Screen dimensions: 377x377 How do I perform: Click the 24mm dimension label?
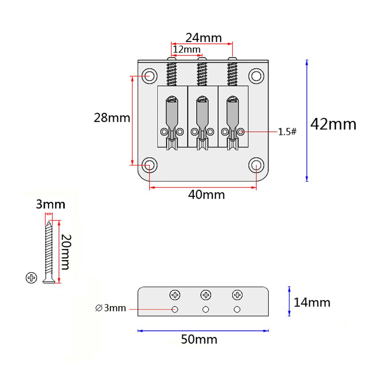[203, 38]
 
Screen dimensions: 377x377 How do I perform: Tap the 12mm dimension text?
[187, 49]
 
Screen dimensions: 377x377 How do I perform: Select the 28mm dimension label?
[112, 118]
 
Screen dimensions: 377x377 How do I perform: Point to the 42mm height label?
[333, 124]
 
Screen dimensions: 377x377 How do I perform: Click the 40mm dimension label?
[206, 194]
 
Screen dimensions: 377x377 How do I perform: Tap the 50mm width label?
[199, 339]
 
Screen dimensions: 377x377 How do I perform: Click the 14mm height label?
[312, 303]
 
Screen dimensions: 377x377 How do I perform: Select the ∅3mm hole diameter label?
[110, 308]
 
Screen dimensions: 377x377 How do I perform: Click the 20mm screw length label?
[65, 252]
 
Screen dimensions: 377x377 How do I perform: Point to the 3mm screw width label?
[50, 204]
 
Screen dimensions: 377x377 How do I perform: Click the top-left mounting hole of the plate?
[149, 75]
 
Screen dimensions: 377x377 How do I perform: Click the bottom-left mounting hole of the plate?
[149, 165]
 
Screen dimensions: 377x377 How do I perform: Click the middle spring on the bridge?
[201, 74]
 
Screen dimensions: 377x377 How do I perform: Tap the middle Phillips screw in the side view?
[206, 295]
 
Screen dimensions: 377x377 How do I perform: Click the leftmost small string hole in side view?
[175, 309]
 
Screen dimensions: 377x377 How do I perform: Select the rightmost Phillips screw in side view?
[237, 295]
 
